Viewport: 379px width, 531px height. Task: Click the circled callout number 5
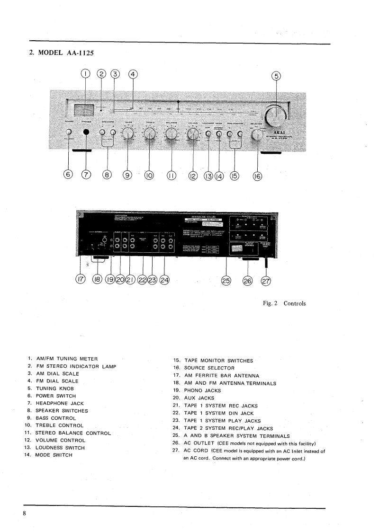274,76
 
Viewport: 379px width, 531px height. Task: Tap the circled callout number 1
85,74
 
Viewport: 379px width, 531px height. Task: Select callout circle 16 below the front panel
257,176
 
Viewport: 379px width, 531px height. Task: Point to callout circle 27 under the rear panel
266,280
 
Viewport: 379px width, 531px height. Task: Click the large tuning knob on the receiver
276,115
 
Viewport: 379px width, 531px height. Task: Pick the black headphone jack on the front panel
86,133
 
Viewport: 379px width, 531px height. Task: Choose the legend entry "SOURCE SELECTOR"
210,368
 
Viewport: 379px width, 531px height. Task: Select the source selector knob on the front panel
258,134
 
